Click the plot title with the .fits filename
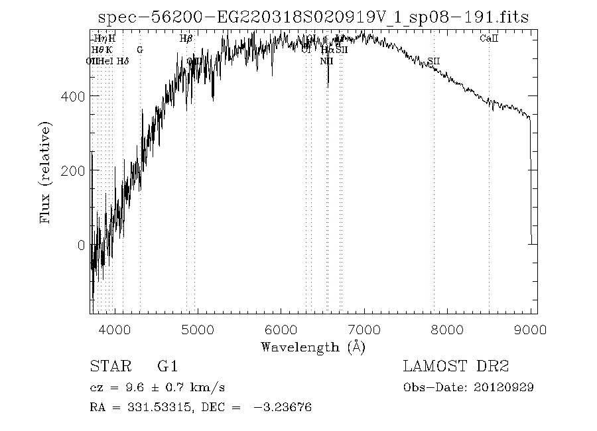coord(313,18)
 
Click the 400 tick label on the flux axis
coord(73,97)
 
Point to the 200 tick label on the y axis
coord(73,171)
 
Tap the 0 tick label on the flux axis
coord(80,245)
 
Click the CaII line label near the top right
coord(489,39)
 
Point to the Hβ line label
coord(186,39)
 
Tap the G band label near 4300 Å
coord(139,50)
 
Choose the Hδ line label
coord(123,61)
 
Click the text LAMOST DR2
coord(455,367)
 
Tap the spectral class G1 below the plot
coord(167,367)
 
